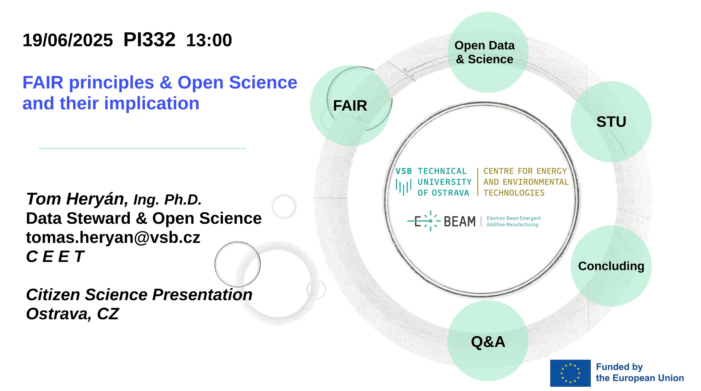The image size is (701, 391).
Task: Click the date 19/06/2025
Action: (x=67, y=40)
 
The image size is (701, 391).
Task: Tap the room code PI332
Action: (x=149, y=40)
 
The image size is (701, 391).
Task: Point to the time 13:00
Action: (x=209, y=40)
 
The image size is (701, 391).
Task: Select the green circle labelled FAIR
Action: (x=350, y=106)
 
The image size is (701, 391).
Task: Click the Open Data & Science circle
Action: (x=487, y=52)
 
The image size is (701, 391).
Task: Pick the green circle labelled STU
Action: (x=611, y=122)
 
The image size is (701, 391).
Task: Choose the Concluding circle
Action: (x=611, y=266)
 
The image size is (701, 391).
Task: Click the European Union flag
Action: (x=570, y=373)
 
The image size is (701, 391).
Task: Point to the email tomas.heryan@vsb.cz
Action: (x=113, y=238)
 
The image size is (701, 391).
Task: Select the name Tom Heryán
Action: (x=77, y=199)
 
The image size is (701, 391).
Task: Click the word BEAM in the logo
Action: (x=459, y=221)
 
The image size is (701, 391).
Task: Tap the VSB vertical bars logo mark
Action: (x=403, y=187)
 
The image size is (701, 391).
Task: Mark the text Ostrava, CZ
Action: (x=72, y=314)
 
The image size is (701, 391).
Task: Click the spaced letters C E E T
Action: (x=55, y=257)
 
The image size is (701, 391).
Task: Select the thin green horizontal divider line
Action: (x=142, y=148)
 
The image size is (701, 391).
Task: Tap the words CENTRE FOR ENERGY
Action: (x=525, y=171)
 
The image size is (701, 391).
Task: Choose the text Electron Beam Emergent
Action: (x=514, y=218)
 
